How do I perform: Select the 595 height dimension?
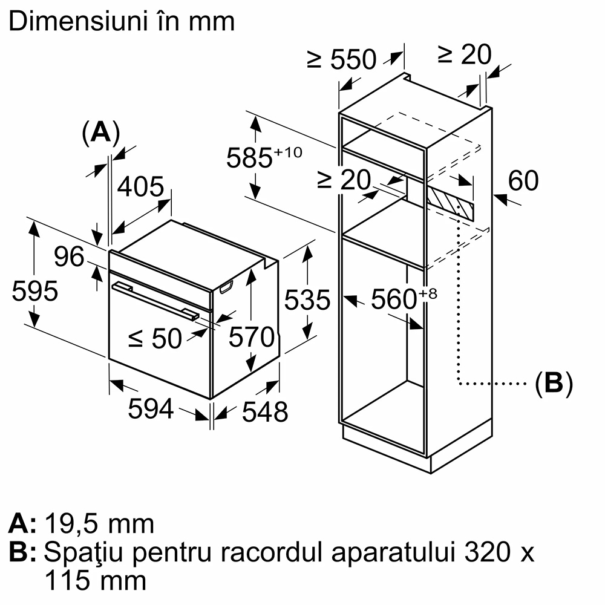pos(34,291)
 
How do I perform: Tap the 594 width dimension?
pos(151,410)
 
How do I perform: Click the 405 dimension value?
pos(140,187)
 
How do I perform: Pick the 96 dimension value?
pos(69,257)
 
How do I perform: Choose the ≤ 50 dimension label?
pos(155,339)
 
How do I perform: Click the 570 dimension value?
pos(251,338)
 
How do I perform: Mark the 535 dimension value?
pos(308,299)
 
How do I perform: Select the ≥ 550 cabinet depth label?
pos(342,59)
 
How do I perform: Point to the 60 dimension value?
pos(523,181)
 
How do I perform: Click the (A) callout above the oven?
pos(100,132)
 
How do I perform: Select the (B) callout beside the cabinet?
pos(553,383)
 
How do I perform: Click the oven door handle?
pos(154,301)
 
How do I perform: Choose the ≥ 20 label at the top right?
pos(465,56)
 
